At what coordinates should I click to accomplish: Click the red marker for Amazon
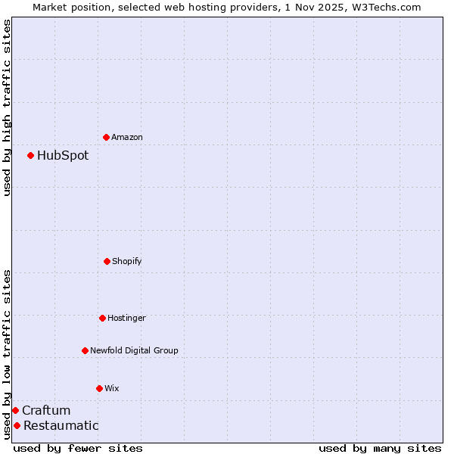click(x=106, y=137)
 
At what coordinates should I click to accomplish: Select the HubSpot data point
click(x=30, y=155)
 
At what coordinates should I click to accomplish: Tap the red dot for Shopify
click(x=107, y=261)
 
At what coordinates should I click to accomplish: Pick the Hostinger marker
click(x=102, y=318)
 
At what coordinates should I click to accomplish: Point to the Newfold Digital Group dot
click(x=85, y=350)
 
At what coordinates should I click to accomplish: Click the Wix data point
click(x=99, y=388)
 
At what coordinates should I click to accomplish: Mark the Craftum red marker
click(x=15, y=410)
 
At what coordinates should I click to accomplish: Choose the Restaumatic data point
click(x=17, y=425)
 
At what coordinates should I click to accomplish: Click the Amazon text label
click(x=127, y=137)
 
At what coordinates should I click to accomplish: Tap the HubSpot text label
click(x=63, y=155)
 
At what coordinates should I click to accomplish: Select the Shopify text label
click(x=127, y=261)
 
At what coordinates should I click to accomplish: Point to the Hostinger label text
click(x=126, y=318)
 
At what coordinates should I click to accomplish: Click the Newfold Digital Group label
click(x=134, y=350)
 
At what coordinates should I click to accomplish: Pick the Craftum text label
click(x=46, y=410)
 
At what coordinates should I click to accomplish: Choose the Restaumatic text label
click(x=61, y=425)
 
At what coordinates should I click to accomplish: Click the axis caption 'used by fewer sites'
click(x=78, y=448)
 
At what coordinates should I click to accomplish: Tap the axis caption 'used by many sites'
click(x=380, y=448)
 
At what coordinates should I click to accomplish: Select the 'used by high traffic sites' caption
click(x=7, y=107)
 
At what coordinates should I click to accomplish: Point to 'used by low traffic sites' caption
click(x=7, y=354)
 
